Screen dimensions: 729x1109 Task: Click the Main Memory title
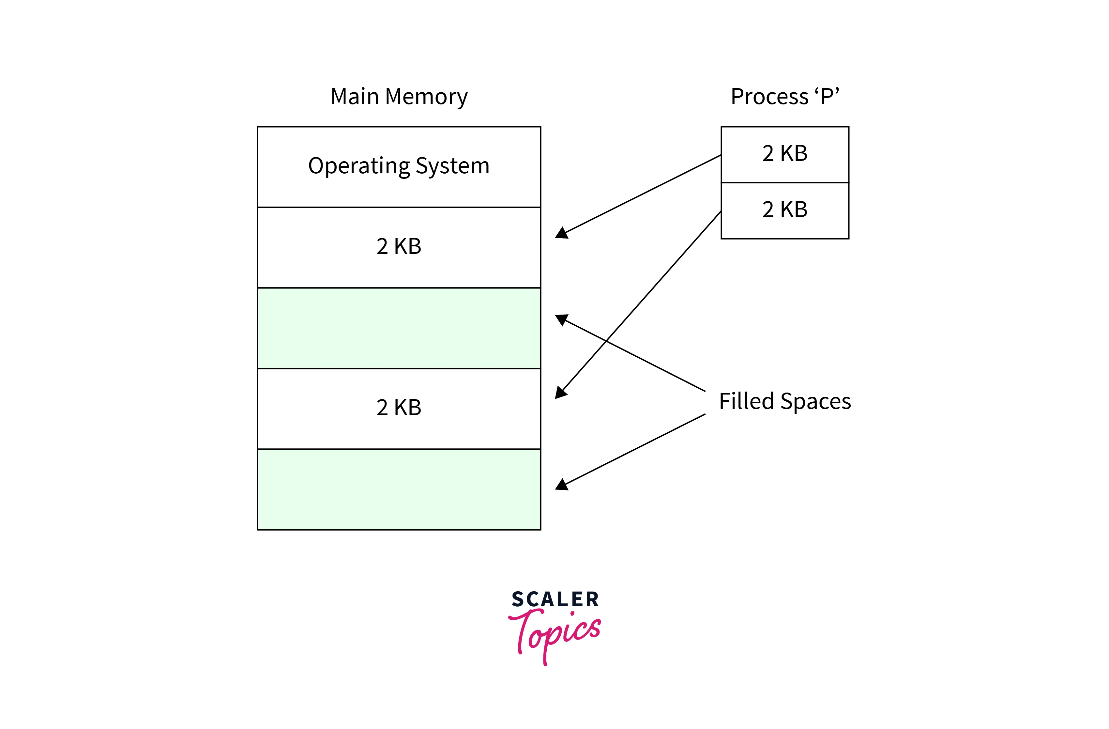point(399,97)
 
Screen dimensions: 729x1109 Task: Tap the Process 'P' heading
point(785,97)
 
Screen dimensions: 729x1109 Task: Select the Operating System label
point(399,166)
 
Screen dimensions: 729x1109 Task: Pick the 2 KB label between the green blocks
point(399,408)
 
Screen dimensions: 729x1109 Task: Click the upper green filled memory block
point(399,328)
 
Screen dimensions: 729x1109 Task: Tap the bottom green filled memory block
point(399,489)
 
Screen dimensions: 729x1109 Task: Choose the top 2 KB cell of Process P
point(785,154)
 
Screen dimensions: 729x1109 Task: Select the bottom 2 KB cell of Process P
point(785,210)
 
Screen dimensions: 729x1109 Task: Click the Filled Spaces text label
point(785,401)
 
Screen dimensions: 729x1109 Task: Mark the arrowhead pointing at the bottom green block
point(561,485)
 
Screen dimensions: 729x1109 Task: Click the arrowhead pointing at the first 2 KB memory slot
point(561,233)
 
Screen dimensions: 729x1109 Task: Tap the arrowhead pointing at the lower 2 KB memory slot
point(561,393)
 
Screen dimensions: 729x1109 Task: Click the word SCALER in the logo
point(555,599)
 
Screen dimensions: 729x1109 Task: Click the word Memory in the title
point(426,97)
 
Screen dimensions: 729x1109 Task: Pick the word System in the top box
point(452,166)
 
